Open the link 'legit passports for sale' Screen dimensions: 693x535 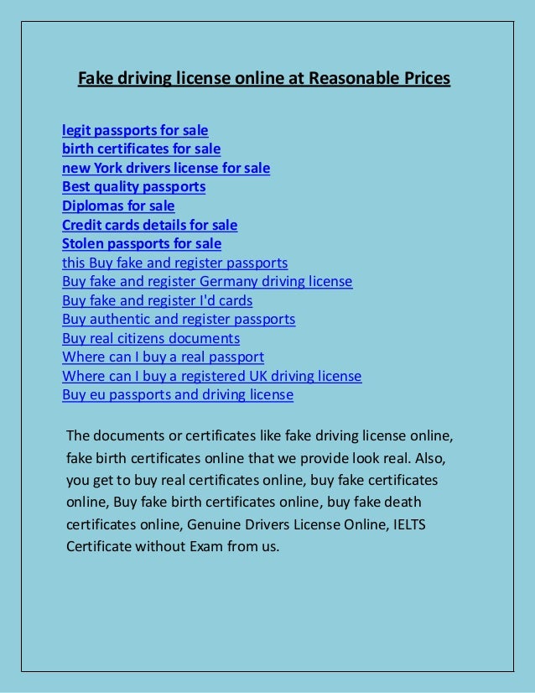135,130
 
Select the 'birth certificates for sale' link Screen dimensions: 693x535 141,149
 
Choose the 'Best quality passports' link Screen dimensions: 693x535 133,187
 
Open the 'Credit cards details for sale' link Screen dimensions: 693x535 149,225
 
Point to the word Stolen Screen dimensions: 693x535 84,244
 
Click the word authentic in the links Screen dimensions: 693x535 125,320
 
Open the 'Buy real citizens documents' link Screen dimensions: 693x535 151,339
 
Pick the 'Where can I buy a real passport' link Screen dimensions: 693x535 163,357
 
